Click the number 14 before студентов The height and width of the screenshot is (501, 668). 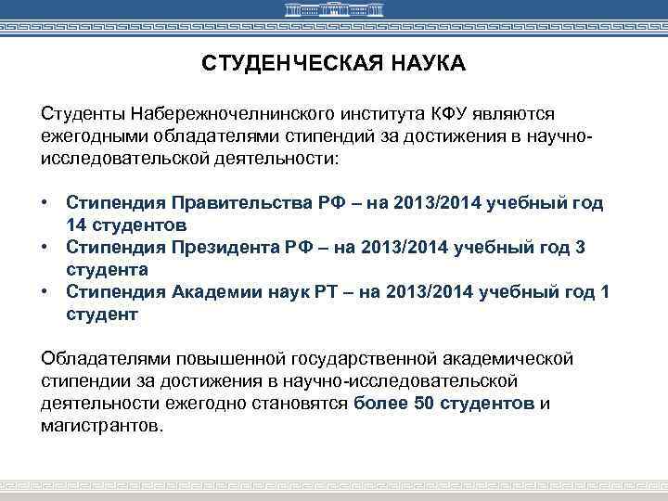click(78, 225)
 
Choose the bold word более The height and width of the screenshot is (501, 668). click(378, 404)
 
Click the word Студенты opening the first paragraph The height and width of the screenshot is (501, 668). click(82, 113)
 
